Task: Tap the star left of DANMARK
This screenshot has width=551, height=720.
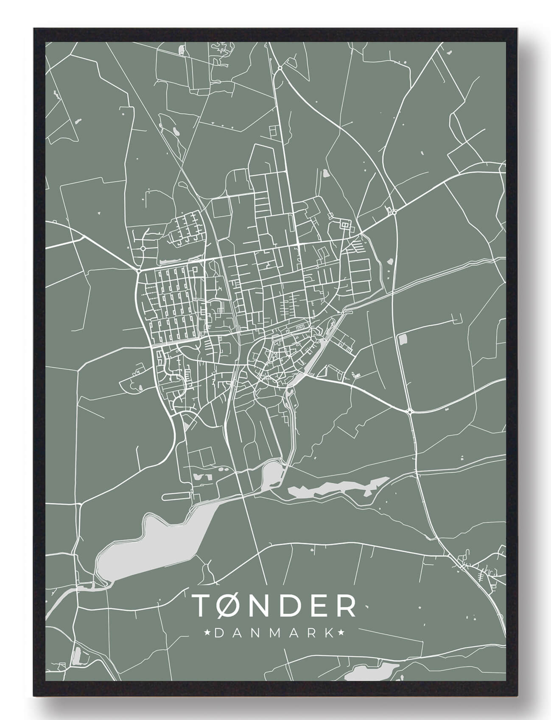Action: [x=207, y=633]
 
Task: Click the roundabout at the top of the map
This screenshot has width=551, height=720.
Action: [x=280, y=67]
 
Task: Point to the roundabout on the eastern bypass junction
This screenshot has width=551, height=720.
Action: [x=394, y=212]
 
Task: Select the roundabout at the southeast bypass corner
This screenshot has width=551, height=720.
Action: [x=410, y=411]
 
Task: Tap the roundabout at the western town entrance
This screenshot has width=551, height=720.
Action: [x=139, y=270]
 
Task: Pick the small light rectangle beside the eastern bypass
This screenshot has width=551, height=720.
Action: [x=402, y=338]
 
